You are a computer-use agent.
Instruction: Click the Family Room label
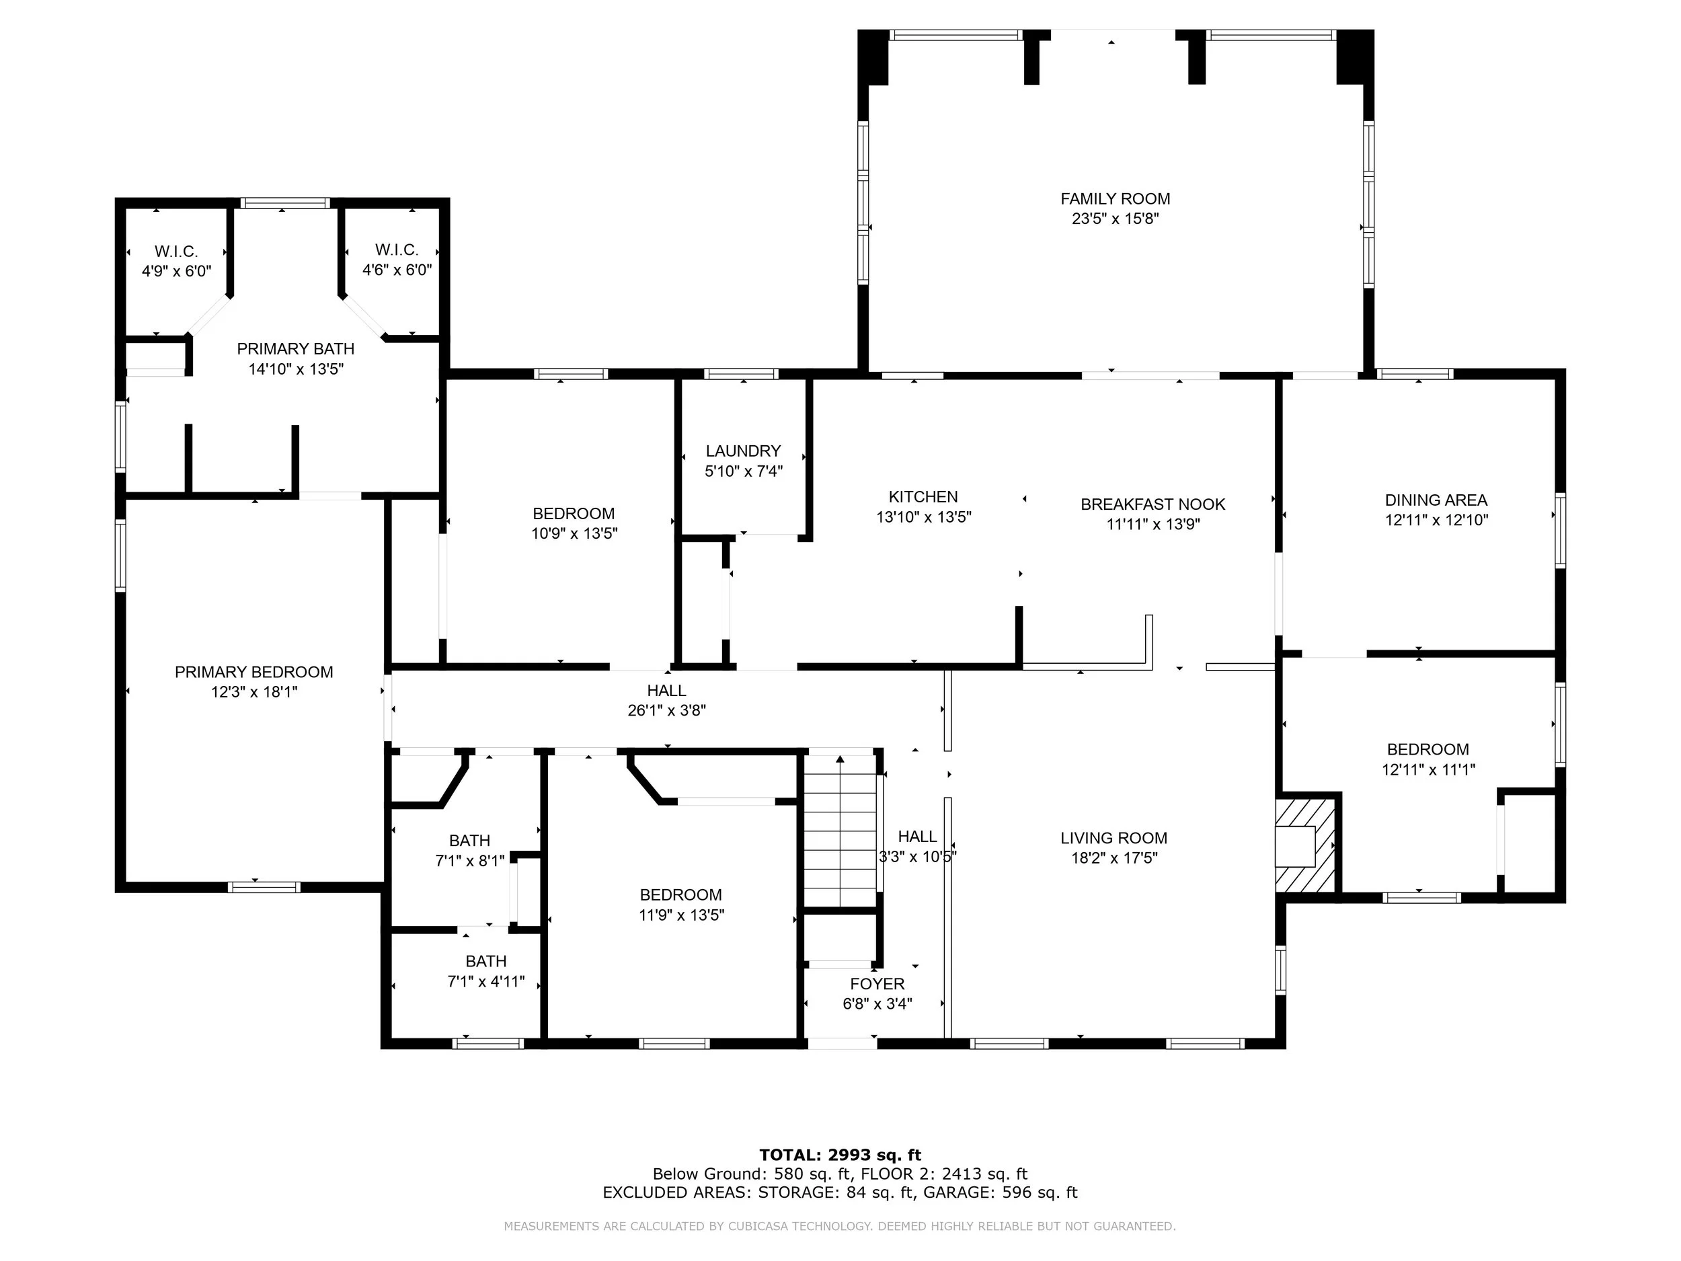coord(1115,199)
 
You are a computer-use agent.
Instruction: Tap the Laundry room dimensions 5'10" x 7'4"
coord(743,471)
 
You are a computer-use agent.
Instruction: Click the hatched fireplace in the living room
coord(1305,845)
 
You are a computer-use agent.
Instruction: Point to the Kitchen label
coord(923,497)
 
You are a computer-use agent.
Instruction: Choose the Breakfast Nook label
coord(1153,504)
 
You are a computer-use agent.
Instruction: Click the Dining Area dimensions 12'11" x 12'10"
coord(1436,521)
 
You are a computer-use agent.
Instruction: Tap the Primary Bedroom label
coord(253,672)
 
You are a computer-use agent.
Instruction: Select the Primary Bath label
coord(296,349)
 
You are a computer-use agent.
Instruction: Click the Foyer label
coord(877,983)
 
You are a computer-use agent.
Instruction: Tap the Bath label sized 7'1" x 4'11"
coord(486,962)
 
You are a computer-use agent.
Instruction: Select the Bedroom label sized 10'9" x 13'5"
coord(574,514)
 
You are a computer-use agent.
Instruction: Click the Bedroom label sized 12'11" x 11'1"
coord(1428,749)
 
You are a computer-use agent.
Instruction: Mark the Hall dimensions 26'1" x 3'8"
coord(667,711)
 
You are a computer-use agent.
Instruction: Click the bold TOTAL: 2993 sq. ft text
coord(840,1155)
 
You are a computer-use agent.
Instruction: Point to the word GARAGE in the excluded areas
coord(957,1192)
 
